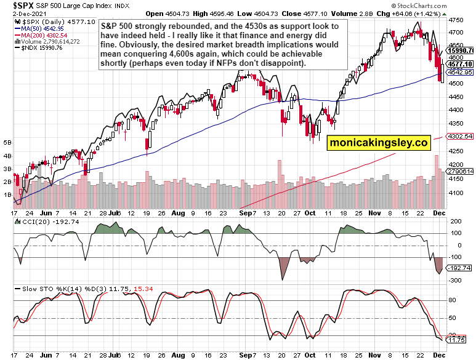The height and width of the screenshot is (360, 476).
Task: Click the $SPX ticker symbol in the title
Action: pyautogui.click(x=15, y=5)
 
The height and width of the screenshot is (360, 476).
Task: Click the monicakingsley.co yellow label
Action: pyautogui.click(x=378, y=143)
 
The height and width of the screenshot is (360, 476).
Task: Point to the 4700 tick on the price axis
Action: pyautogui.click(x=456, y=20)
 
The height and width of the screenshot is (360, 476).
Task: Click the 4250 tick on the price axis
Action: pyautogui.click(x=456, y=151)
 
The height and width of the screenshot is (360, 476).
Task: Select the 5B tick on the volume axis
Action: pyautogui.click(x=7, y=142)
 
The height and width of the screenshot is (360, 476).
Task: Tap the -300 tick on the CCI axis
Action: pyautogui.click(x=456, y=280)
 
